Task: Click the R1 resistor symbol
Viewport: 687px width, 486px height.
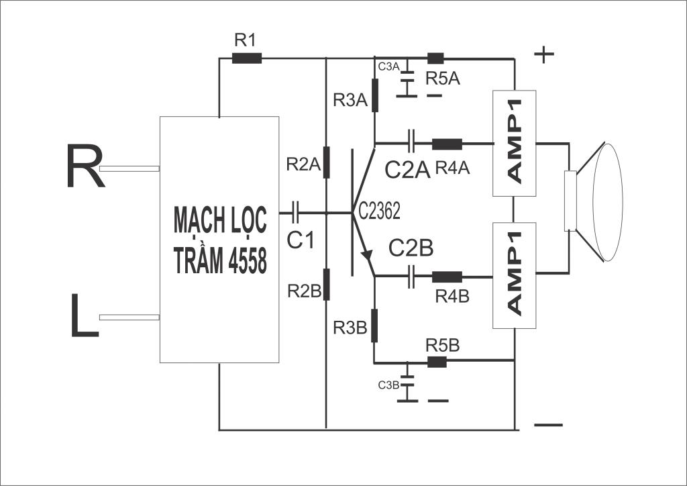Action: pyautogui.click(x=247, y=58)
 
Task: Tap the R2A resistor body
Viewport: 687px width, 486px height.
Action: pyautogui.click(x=327, y=162)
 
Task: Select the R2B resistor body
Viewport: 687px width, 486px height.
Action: pyautogui.click(x=327, y=285)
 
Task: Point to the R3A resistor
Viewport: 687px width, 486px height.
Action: pyautogui.click(x=375, y=95)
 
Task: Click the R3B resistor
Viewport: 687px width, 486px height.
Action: pyautogui.click(x=374, y=326)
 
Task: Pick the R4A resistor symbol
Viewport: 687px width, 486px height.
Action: pyautogui.click(x=447, y=144)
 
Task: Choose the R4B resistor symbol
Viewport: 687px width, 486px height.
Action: pyautogui.click(x=447, y=277)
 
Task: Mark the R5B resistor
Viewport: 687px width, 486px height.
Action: pyautogui.click(x=437, y=362)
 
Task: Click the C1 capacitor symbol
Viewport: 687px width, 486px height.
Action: pyautogui.click(x=296, y=213)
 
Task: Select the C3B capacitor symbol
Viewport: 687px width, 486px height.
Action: pyautogui.click(x=407, y=381)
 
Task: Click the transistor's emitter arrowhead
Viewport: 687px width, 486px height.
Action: pyautogui.click(x=367, y=254)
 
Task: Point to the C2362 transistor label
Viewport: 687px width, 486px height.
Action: pyautogui.click(x=380, y=211)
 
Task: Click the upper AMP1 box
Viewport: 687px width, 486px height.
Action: pyautogui.click(x=515, y=143)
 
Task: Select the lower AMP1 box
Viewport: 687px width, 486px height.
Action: pyautogui.click(x=515, y=276)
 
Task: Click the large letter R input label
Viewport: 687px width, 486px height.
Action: pyautogui.click(x=85, y=166)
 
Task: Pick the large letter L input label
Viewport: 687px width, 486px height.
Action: pyautogui.click(x=85, y=315)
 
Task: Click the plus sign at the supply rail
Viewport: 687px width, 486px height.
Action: pyautogui.click(x=544, y=54)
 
